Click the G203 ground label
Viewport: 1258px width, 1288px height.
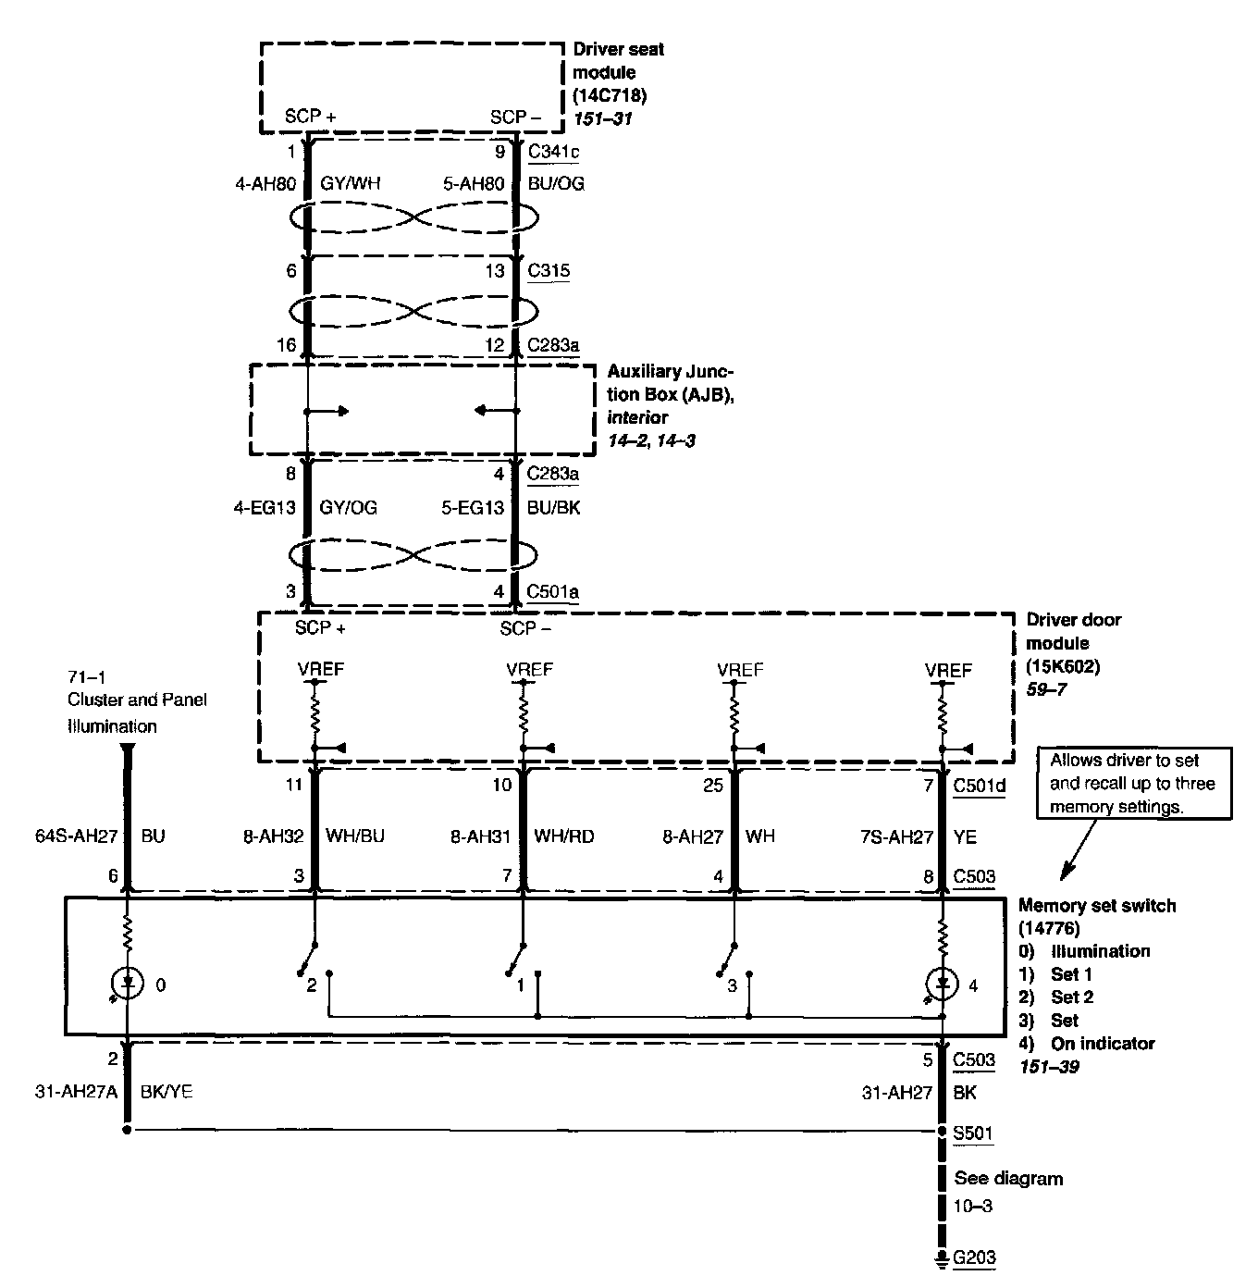point(974,1257)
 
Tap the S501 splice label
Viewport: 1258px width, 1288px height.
point(973,1133)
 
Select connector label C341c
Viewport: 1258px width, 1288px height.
point(553,152)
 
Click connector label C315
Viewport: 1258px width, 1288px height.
point(549,271)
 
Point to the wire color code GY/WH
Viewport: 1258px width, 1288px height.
point(350,183)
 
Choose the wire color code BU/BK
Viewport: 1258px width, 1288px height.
point(554,507)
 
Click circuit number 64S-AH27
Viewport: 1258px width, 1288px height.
point(81,836)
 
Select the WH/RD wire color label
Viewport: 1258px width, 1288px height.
point(564,836)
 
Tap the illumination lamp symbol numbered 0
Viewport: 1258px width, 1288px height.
point(128,985)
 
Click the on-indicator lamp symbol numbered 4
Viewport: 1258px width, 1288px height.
point(943,985)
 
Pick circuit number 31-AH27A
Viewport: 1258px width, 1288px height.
point(74,1093)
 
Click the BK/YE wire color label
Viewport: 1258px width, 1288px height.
point(166,1093)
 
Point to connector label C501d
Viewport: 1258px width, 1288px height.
point(979,786)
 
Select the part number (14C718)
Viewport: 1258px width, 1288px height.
point(610,95)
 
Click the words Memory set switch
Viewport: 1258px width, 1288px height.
point(1097,905)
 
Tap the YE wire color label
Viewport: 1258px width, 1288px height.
point(965,836)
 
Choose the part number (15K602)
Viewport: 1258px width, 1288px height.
point(1063,666)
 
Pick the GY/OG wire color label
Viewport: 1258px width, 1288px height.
point(348,507)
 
